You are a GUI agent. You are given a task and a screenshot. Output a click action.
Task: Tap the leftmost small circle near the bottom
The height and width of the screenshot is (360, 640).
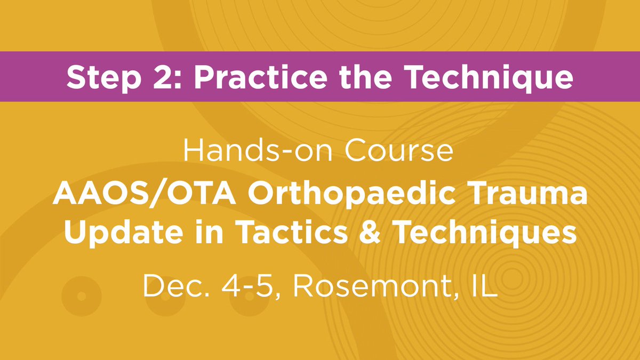point(81,295)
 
